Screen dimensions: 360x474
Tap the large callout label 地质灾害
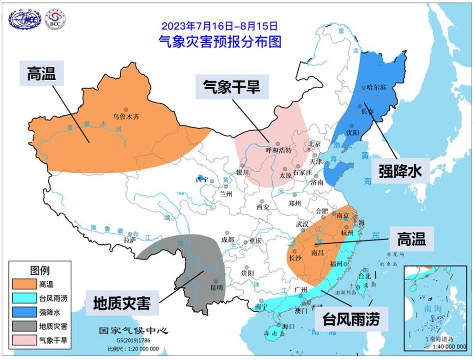click(122, 302)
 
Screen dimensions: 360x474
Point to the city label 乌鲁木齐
click(126, 116)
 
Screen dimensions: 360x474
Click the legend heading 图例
click(40, 270)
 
